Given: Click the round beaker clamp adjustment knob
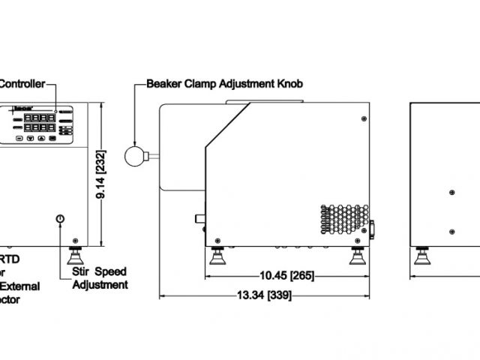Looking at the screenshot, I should tap(134, 155).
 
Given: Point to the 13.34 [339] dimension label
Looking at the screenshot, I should tap(264, 294).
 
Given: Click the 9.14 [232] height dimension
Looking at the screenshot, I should tap(107, 172).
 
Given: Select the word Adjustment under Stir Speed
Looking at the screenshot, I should tap(100, 284).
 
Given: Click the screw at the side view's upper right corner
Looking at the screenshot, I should tap(364, 119).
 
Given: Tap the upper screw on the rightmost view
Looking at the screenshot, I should tap(451, 193).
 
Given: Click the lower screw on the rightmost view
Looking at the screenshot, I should tap(451, 230).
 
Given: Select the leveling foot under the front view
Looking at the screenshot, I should tap(76, 256).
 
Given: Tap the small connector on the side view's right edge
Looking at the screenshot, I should tap(373, 228).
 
